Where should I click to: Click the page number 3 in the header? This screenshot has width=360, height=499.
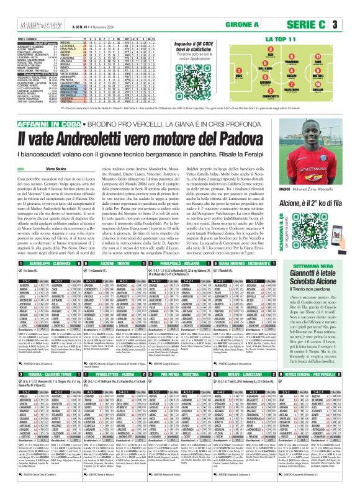[x=352, y=25]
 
